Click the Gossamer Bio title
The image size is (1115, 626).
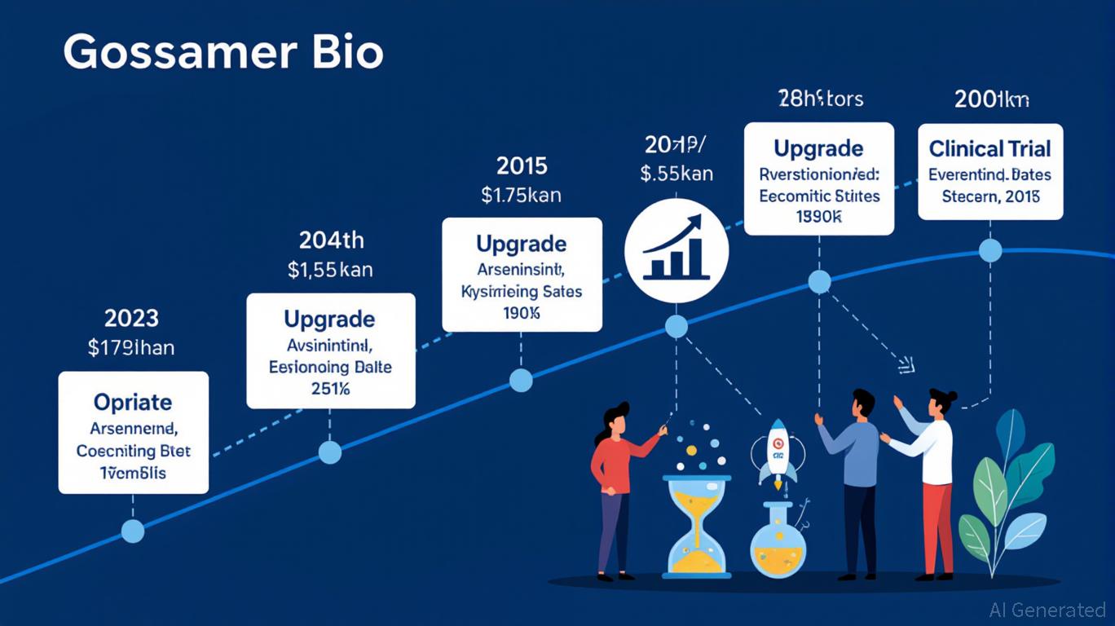(223, 53)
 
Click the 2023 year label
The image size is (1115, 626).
(131, 318)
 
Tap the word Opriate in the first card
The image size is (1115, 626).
(133, 403)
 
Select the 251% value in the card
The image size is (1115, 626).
(330, 389)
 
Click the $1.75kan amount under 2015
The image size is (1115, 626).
(521, 196)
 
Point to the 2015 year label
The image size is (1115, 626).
(522, 166)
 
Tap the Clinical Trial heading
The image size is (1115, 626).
(990, 149)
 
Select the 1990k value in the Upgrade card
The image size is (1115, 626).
(819, 217)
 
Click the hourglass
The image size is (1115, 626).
(699, 526)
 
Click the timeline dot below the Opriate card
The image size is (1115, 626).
(132, 531)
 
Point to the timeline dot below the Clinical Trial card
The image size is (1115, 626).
(990, 250)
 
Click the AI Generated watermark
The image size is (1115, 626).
(1047, 610)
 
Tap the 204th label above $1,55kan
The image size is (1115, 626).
(330, 240)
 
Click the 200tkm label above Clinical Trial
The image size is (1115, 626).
(991, 99)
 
